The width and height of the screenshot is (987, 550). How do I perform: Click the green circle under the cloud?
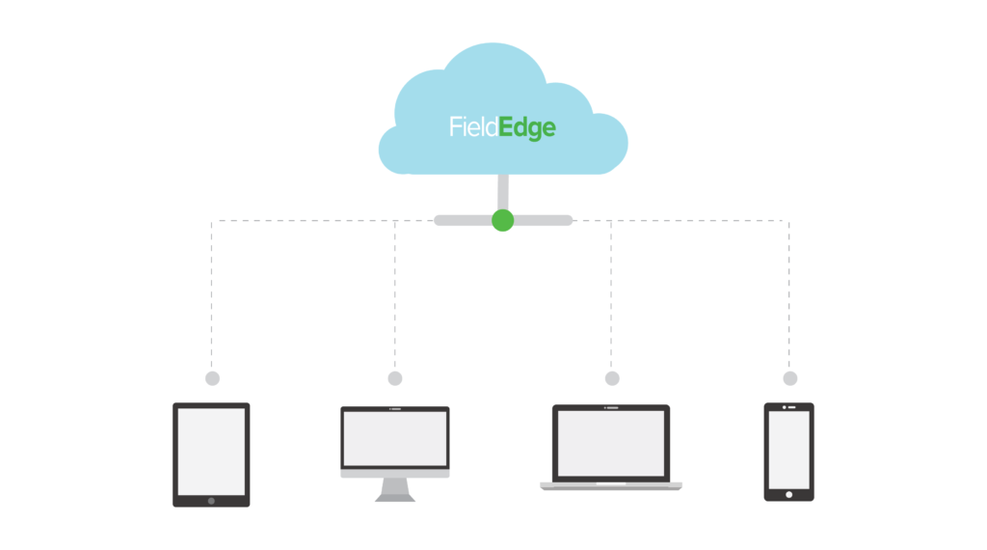point(502,220)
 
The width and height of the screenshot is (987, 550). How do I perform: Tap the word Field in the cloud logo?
point(473,126)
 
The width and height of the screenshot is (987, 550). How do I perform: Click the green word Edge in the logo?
point(527,128)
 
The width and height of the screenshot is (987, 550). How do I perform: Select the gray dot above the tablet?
point(212,378)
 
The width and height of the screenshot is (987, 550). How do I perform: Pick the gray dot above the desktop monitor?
point(395,378)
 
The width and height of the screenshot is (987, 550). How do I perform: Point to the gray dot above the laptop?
point(612,378)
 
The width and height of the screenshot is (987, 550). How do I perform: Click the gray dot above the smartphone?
point(790,378)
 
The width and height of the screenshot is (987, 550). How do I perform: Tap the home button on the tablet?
point(211,500)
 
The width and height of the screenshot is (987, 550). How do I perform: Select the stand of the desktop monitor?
point(395,489)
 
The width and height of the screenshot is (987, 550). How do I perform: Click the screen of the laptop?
point(611,443)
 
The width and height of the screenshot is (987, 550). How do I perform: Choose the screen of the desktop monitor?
point(395,438)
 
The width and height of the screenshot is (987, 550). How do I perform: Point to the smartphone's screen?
point(788,450)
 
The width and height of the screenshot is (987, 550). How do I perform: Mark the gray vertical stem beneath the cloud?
point(502,191)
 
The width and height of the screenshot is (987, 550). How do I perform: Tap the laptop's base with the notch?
point(611,485)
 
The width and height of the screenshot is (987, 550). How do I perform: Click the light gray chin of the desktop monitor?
point(395,473)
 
